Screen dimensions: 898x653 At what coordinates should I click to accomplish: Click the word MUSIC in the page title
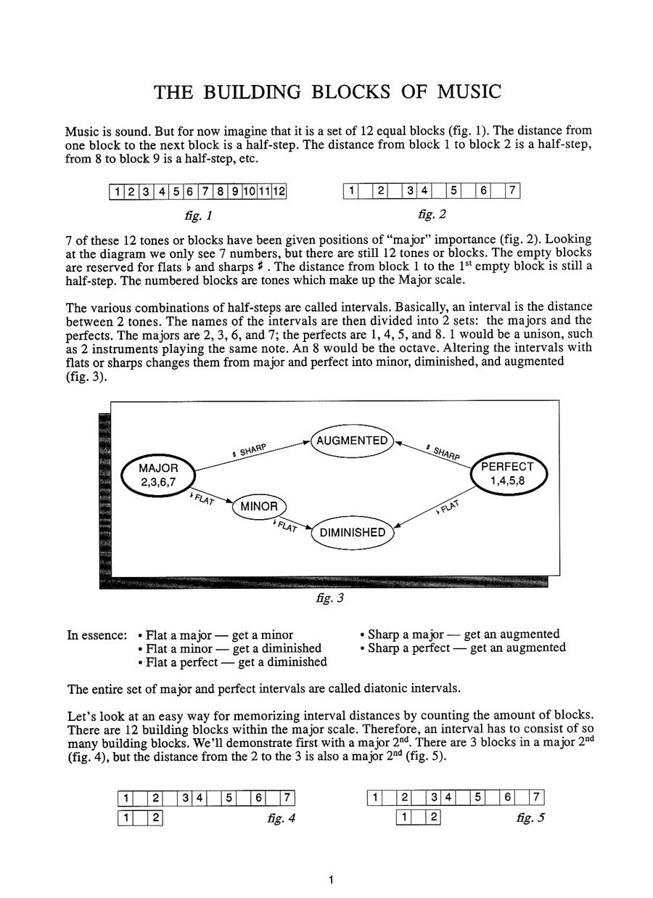click(x=463, y=92)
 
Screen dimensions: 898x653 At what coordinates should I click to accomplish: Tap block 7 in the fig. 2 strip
click(x=512, y=192)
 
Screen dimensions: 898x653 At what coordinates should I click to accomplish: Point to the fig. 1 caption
click(x=198, y=216)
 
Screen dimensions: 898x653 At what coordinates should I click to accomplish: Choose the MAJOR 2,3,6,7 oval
click(x=158, y=475)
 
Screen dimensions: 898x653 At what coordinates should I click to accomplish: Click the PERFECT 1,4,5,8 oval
click(x=507, y=473)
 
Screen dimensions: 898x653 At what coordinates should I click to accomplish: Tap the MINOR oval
click(x=259, y=507)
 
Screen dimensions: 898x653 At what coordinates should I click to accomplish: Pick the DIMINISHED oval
click(x=353, y=532)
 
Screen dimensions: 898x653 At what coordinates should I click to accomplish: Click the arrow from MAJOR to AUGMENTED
click(x=254, y=455)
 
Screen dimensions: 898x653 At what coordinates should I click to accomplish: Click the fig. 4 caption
click(x=282, y=819)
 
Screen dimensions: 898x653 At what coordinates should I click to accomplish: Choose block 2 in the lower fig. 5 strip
click(x=433, y=818)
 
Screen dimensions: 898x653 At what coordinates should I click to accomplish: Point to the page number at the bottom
click(x=330, y=881)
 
